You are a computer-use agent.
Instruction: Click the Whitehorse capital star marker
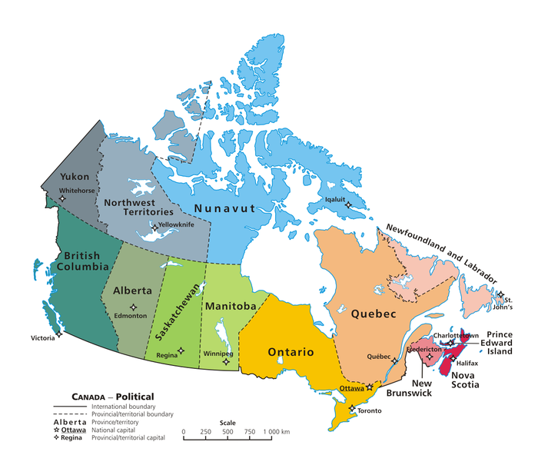[63, 198]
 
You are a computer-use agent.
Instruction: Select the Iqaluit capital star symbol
[348, 204]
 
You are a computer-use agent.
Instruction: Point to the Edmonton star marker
[133, 307]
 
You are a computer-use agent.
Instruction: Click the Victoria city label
[43, 337]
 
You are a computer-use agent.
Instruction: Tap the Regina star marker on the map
[181, 350]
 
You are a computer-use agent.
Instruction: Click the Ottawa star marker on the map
[370, 387]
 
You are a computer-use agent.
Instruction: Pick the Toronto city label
[370, 410]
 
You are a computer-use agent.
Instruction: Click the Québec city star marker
[395, 360]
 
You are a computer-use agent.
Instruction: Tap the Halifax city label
[467, 362]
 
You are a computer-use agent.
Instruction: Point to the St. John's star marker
[500, 295]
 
